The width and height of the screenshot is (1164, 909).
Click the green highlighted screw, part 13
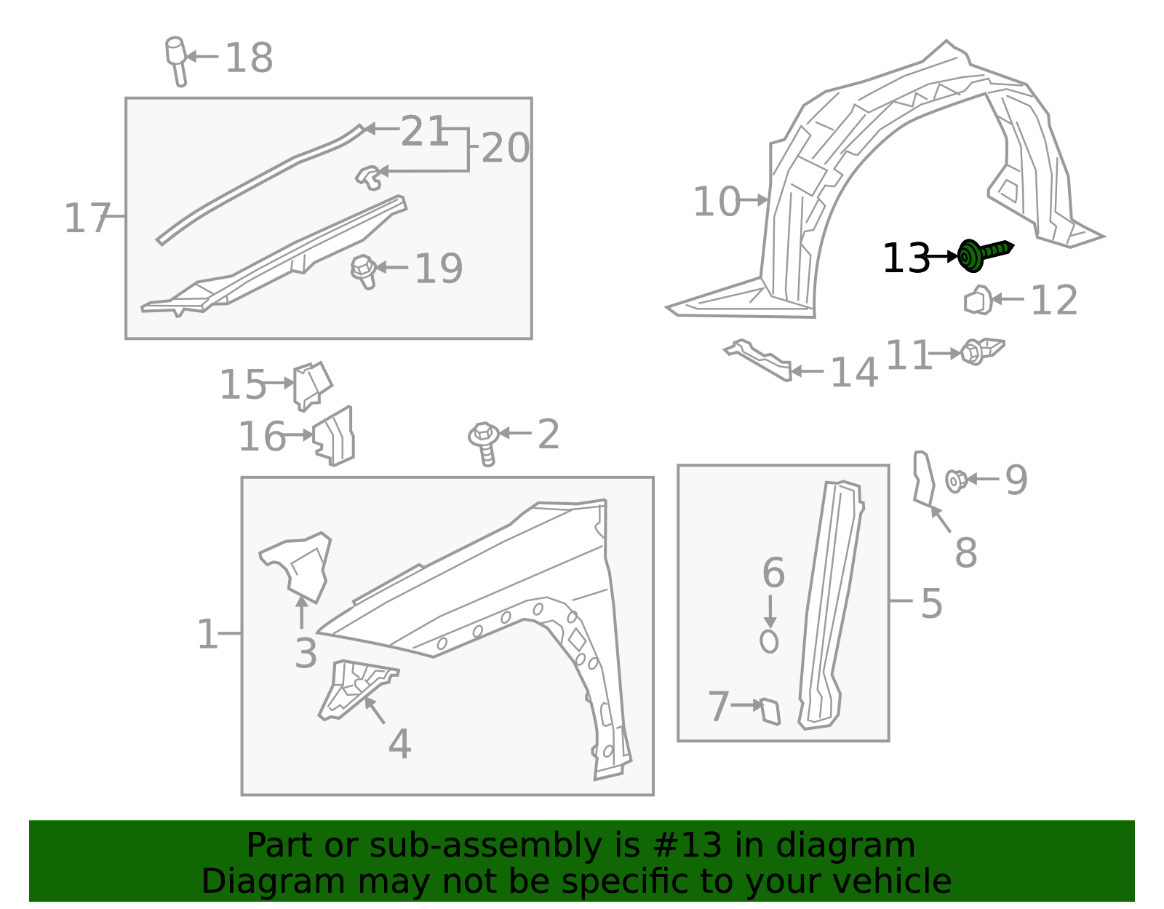(984, 254)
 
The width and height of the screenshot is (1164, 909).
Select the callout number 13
(906, 258)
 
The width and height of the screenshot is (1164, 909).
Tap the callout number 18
(249, 58)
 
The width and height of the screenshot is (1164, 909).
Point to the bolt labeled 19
(363, 271)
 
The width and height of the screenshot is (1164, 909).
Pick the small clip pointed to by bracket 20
(369, 176)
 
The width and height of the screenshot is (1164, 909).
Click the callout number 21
(424, 132)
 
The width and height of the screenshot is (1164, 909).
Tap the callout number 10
(716, 202)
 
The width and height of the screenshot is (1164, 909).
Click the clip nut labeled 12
(978, 300)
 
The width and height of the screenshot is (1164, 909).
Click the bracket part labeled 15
(311, 384)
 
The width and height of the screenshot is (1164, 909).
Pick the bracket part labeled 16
(335, 437)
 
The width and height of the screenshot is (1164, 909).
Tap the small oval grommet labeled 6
(769, 641)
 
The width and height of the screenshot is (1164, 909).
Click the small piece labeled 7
(770, 711)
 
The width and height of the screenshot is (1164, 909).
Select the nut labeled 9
(956, 480)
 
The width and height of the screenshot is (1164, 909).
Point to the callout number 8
(965, 553)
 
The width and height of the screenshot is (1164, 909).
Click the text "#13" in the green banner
(687, 846)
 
